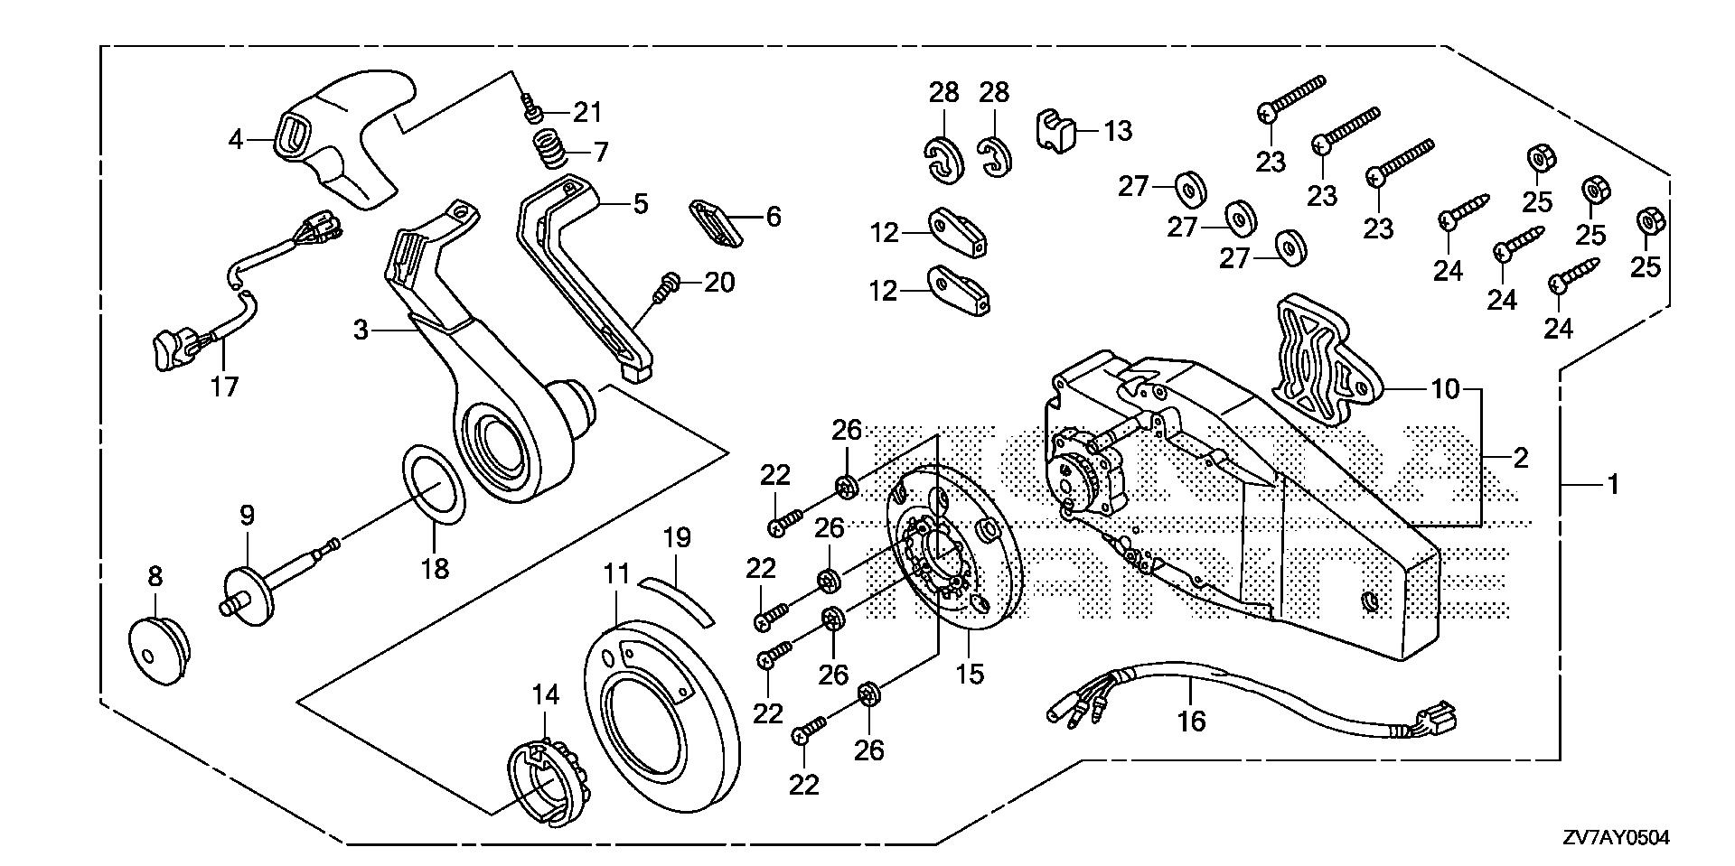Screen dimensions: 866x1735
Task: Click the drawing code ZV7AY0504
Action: click(x=1617, y=838)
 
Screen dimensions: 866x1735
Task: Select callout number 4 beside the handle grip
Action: click(x=236, y=140)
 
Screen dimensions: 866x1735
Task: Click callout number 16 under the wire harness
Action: click(x=1192, y=721)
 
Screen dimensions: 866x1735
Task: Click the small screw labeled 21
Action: click(x=533, y=113)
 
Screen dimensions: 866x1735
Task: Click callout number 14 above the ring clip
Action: click(x=546, y=694)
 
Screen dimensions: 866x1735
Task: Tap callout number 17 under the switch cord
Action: click(x=224, y=386)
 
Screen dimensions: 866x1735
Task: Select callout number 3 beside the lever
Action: click(x=361, y=331)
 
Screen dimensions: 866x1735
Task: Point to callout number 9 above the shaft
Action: click(x=247, y=516)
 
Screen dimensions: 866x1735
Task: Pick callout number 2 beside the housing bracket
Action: click(x=1521, y=458)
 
